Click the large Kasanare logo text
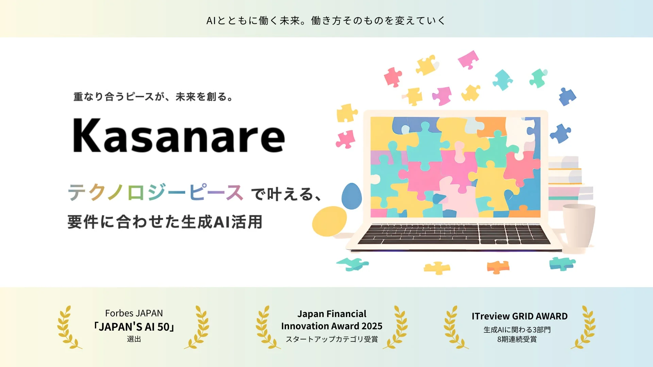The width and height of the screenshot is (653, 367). coord(179,136)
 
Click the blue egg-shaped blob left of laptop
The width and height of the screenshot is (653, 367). coord(351,196)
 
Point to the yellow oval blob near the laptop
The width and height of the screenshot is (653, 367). coord(329,221)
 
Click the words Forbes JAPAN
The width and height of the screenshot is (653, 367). coord(134,313)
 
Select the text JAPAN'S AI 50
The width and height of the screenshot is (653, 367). coord(134,327)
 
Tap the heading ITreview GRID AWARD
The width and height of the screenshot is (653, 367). coord(519,316)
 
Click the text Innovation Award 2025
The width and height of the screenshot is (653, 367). coord(332,326)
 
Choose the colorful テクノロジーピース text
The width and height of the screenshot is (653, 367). coord(155,193)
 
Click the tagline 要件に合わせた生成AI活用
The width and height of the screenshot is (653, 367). coord(165,222)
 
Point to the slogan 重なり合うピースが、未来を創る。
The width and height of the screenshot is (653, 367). coord(153,97)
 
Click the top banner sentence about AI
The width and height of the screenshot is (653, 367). coord(326,21)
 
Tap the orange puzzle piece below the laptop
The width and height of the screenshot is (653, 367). coord(498,267)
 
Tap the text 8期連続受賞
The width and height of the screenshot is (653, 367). coord(517,339)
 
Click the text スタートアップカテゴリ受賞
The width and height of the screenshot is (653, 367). coord(332,339)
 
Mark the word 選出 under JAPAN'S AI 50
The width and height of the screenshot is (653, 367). coord(134,339)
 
